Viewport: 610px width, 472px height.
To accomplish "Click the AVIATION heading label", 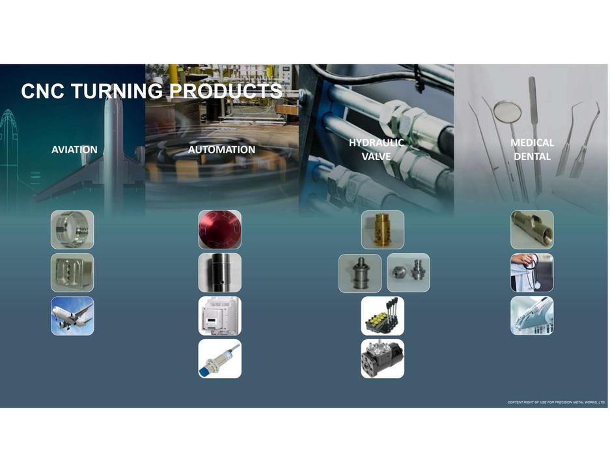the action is pyautogui.click(x=74, y=150).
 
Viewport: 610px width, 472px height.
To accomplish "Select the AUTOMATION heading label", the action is pyautogui.click(x=222, y=150).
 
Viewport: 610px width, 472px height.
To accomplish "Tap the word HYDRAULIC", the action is pyautogui.click(x=376, y=143).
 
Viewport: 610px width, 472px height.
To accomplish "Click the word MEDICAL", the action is pyautogui.click(x=532, y=143).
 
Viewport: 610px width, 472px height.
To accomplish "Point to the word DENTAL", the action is pyautogui.click(x=532, y=156).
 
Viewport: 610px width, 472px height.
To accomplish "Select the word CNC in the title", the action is pyautogui.click(x=43, y=91).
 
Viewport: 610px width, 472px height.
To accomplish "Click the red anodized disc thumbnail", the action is pyautogui.click(x=220, y=230).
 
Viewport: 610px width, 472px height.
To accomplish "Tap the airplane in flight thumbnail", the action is pyautogui.click(x=72, y=316).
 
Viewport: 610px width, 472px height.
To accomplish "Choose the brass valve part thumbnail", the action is pyautogui.click(x=383, y=230).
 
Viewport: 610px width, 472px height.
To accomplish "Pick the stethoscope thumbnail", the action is pyautogui.click(x=532, y=273).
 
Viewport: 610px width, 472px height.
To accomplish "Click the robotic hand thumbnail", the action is pyautogui.click(x=532, y=316).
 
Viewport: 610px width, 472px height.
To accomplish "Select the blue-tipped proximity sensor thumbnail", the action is pyautogui.click(x=220, y=359).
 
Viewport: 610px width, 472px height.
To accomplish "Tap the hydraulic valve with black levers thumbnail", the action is pyautogui.click(x=382, y=316).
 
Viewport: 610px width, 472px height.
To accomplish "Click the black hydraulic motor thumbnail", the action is pyautogui.click(x=382, y=359).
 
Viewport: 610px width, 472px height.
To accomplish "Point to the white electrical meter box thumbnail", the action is pyautogui.click(x=220, y=316).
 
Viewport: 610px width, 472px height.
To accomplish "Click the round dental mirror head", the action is pyautogui.click(x=507, y=111).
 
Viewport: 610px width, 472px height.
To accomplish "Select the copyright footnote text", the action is pyautogui.click(x=556, y=402).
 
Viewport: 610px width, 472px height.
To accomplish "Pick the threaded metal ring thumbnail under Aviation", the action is pyautogui.click(x=72, y=230).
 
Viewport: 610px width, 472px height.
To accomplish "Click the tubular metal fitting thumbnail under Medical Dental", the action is pyautogui.click(x=532, y=230).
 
